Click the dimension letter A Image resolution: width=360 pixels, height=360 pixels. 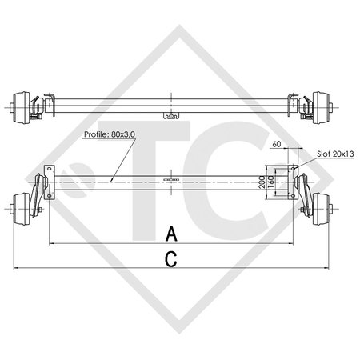tap(170, 234)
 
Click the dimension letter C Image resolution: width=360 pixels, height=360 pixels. tap(170, 258)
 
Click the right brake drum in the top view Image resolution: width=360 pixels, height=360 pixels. tap(322, 103)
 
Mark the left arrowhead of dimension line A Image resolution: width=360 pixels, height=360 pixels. tap(51, 242)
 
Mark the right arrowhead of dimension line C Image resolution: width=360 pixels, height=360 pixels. tap(326, 266)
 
